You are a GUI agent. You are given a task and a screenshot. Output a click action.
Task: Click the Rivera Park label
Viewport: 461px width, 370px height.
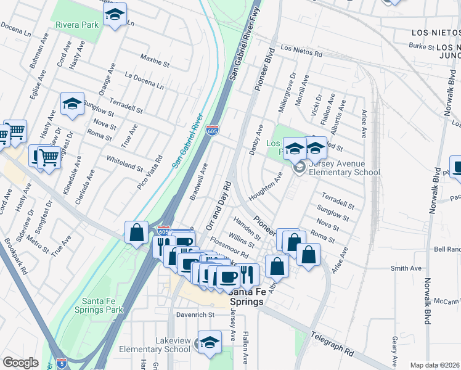(x=77, y=25)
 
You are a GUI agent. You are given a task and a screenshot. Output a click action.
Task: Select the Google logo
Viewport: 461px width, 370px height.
(x=20, y=362)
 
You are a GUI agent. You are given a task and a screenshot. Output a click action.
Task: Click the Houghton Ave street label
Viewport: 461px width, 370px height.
(x=265, y=187)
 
